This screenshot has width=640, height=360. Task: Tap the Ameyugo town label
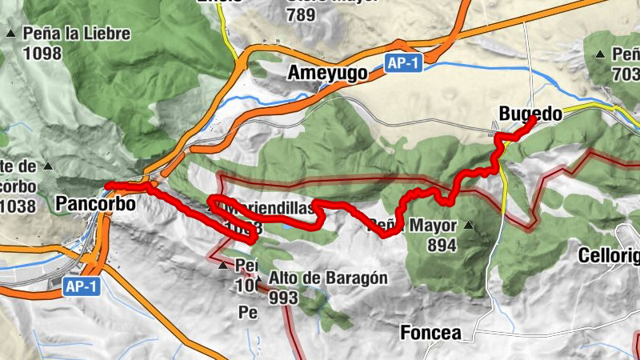(x=327, y=74)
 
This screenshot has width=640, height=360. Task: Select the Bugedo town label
(x=530, y=114)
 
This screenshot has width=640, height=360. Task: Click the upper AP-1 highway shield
(x=402, y=64)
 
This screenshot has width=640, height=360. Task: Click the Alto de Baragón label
(x=329, y=278)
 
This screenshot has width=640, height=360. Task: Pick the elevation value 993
(x=284, y=298)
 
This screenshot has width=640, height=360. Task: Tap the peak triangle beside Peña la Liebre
(x=11, y=34)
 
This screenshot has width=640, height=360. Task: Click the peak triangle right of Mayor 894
(x=469, y=226)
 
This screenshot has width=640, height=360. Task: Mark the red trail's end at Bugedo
(x=533, y=119)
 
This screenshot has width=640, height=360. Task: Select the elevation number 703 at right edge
(x=625, y=74)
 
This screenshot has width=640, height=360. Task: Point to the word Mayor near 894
(x=433, y=226)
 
